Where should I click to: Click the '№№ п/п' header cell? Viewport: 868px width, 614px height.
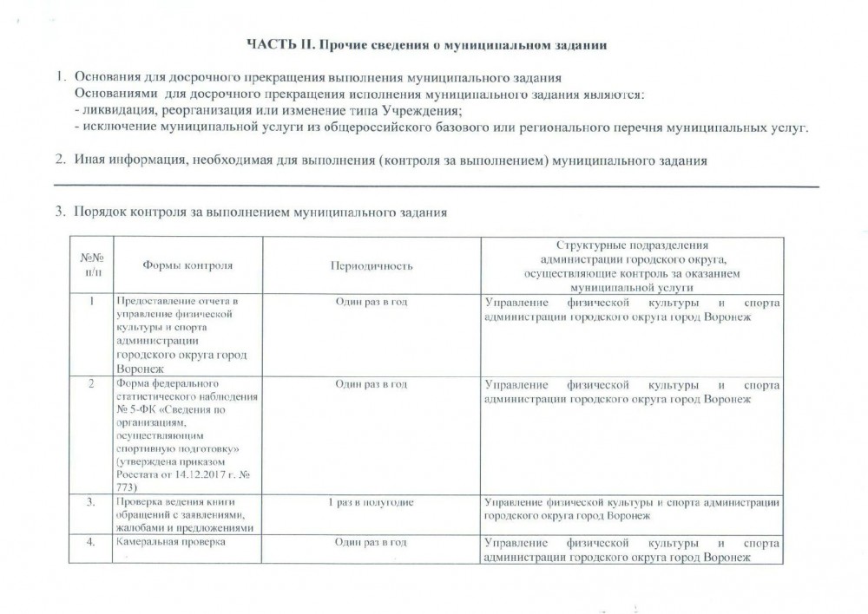pyautogui.click(x=92, y=265)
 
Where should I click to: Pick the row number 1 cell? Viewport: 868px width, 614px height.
pyautogui.click(x=92, y=301)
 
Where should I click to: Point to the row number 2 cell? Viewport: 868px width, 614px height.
pyautogui.click(x=92, y=384)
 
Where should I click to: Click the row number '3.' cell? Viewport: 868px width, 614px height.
pyautogui.click(x=92, y=502)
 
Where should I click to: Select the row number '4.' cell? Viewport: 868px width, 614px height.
pyautogui.click(x=92, y=543)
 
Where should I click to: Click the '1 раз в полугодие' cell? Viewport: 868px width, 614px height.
pyautogui.click(x=371, y=502)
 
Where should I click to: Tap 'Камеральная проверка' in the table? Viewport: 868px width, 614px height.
pyautogui.click(x=170, y=543)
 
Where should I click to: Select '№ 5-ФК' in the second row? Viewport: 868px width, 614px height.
pyautogui.click(x=135, y=410)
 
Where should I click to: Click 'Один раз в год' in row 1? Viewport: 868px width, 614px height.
pyautogui.click(x=371, y=301)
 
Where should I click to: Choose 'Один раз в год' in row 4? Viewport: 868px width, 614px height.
pyautogui.click(x=371, y=543)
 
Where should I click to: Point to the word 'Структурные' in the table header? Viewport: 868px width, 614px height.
pyautogui.click(x=591, y=246)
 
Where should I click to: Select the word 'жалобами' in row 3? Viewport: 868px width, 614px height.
pyautogui.click(x=137, y=528)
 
